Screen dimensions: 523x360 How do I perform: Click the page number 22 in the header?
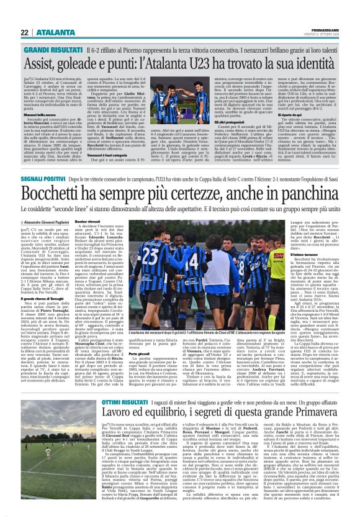(x=25, y=33)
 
